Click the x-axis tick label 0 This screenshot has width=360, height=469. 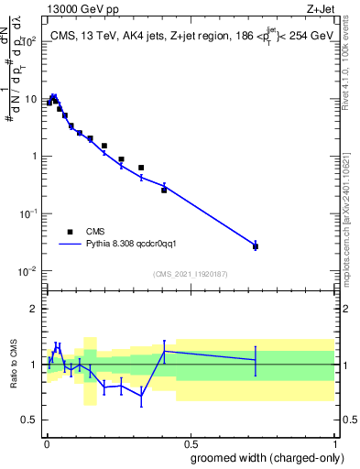tap(46, 442)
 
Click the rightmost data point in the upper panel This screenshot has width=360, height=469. tap(256, 246)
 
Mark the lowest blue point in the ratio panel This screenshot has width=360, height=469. tap(141, 395)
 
